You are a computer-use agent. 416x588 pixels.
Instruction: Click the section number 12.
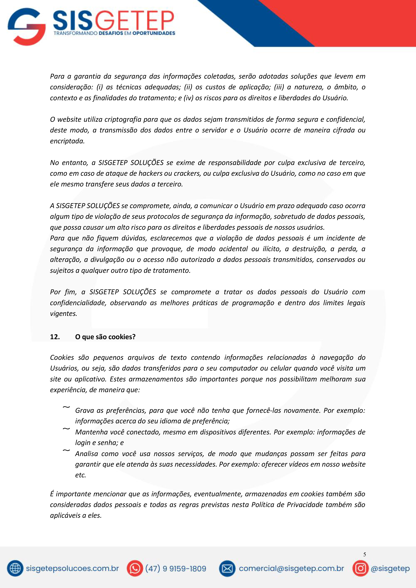tap(55, 337)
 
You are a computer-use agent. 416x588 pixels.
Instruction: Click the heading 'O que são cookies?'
tap(105, 337)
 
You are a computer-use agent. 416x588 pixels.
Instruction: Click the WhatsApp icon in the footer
tap(135, 569)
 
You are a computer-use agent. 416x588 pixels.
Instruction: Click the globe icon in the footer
tap(15, 569)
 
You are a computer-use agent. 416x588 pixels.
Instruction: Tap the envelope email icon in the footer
tap(227, 569)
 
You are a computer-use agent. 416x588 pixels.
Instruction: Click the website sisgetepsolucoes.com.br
tap(72, 569)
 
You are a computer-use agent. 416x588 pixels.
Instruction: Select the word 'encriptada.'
tap(67, 141)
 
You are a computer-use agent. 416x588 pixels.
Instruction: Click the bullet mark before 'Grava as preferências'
tap(66, 407)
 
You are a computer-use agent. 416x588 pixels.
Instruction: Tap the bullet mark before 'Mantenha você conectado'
tap(66, 429)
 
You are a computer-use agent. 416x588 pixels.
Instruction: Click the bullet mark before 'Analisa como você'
tap(66, 451)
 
